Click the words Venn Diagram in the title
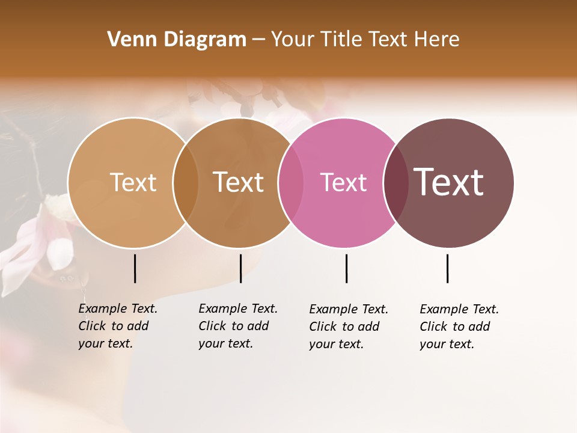[177, 40]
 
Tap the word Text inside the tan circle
[133, 182]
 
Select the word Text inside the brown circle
[239, 182]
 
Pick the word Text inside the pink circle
[343, 182]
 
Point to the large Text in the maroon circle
[449, 182]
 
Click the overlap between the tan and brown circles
[186, 183]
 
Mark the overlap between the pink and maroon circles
[395, 183]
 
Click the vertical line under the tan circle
[135, 268]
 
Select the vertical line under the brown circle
[240, 268]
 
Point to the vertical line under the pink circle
[346, 268]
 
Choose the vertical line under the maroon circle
[447, 268]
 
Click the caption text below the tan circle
[117, 326]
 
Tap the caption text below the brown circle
[237, 326]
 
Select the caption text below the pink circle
[348, 327]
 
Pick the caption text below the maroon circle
[459, 327]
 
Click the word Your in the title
[293, 40]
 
